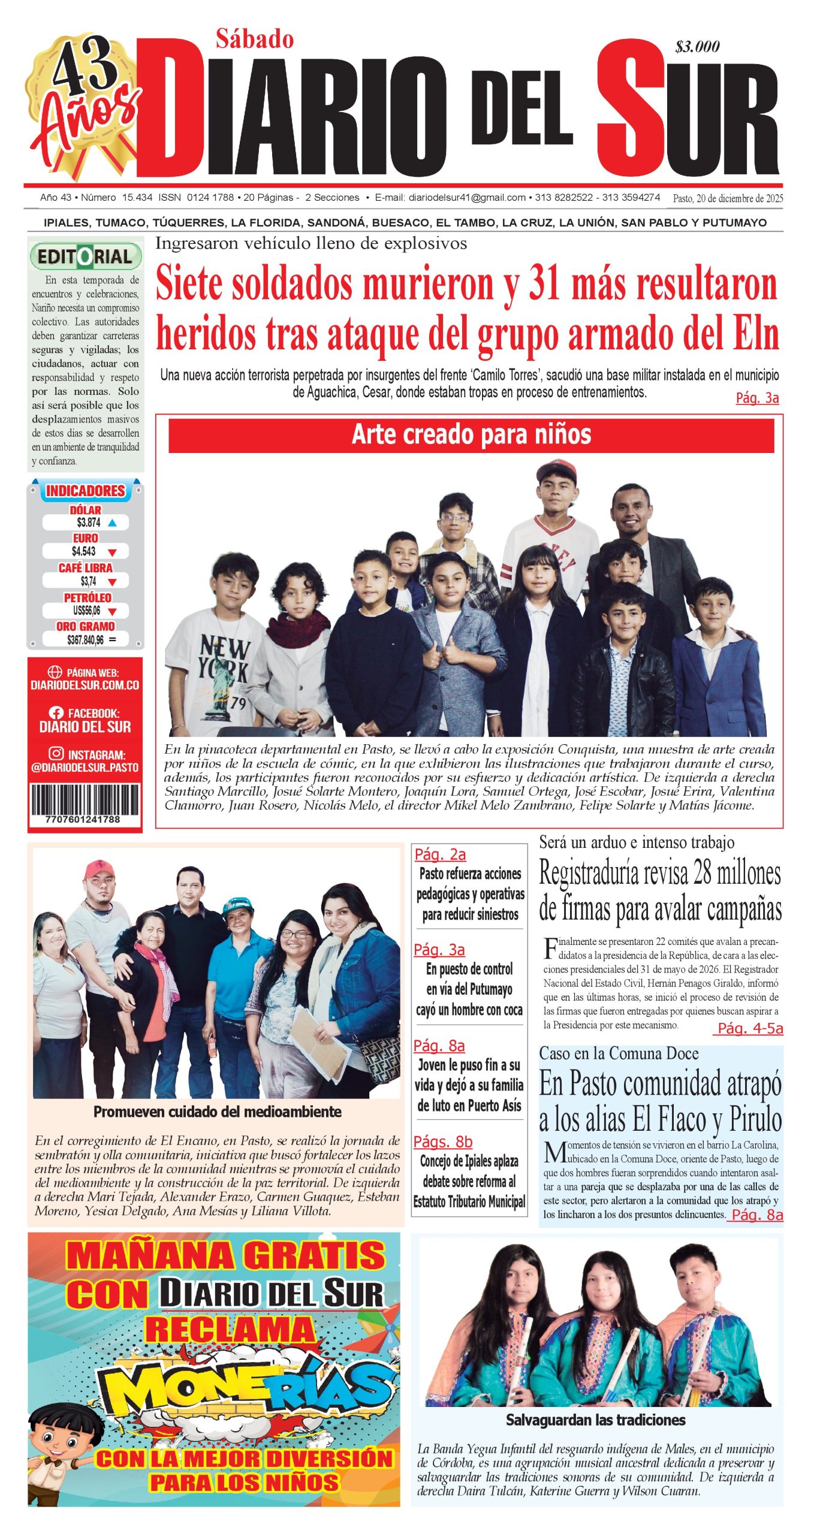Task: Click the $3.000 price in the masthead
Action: pos(697,47)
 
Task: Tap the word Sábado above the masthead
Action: pos(255,40)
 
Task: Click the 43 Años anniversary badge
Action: pos(83,102)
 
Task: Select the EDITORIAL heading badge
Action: pos(85,257)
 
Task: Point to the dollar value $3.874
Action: pos(89,523)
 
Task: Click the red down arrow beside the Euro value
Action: pos(112,552)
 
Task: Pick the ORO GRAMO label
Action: pos(85,626)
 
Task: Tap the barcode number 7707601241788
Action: pos(83,819)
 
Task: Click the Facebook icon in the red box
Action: pos(56,713)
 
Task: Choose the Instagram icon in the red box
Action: pos(56,754)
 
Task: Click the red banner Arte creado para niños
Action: pos(471,435)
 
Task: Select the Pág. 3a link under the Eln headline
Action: pos(757,398)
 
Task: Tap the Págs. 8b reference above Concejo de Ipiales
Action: pos(443,1142)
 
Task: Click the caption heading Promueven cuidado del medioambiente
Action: pos(217,1112)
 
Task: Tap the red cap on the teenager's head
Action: pos(556,470)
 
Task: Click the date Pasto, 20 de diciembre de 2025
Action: pos(728,198)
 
